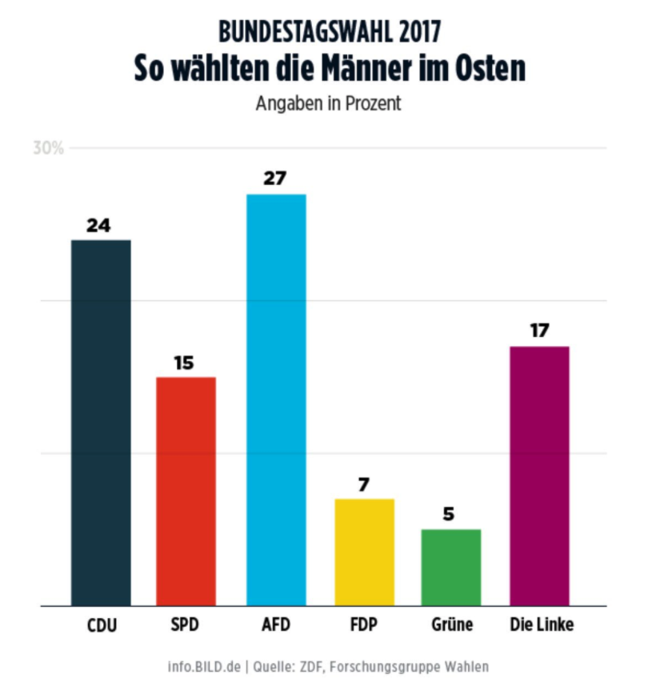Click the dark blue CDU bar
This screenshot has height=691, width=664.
[x=101, y=422]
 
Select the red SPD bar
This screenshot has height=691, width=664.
[x=186, y=491]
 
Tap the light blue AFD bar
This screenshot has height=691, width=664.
[x=276, y=400]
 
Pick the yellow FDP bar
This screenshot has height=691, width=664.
[x=364, y=552]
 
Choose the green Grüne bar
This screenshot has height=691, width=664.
[x=450, y=567]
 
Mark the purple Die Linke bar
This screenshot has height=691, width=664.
[x=539, y=476]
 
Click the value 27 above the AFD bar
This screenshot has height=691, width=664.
[x=275, y=178]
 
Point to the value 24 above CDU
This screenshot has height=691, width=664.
[x=98, y=225]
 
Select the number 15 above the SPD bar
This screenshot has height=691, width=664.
[x=184, y=363]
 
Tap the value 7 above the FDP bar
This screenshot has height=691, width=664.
[x=364, y=484]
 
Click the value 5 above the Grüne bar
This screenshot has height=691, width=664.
[x=449, y=514]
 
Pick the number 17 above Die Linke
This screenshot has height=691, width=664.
[x=539, y=331]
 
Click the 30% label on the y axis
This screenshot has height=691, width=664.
[x=48, y=148]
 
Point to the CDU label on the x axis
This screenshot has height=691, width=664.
[x=102, y=625]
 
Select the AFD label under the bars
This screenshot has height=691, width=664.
[x=276, y=625]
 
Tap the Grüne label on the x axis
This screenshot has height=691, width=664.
[x=450, y=625]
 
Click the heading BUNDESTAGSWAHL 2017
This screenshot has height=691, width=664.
[x=330, y=32]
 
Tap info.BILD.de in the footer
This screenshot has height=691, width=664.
[x=205, y=666]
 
